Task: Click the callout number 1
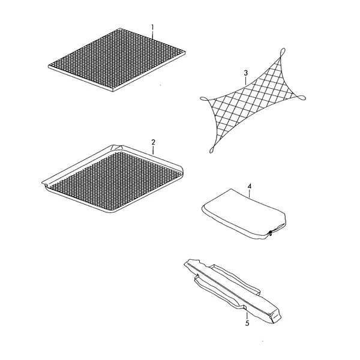point(152,28)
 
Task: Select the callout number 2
point(153,142)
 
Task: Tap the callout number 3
point(246,73)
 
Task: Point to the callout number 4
point(250,186)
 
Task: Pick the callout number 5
point(247,323)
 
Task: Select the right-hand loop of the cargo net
point(301,98)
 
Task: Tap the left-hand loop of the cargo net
point(205,99)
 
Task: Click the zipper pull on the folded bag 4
point(271,233)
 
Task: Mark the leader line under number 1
point(152,35)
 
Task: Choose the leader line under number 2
point(153,150)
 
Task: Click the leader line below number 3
point(246,81)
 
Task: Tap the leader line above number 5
point(247,316)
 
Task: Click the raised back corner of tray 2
point(117,147)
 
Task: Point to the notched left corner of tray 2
point(46,184)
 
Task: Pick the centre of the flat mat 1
point(116,60)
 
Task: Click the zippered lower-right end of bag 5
point(275,316)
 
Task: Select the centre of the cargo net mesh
point(253,100)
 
